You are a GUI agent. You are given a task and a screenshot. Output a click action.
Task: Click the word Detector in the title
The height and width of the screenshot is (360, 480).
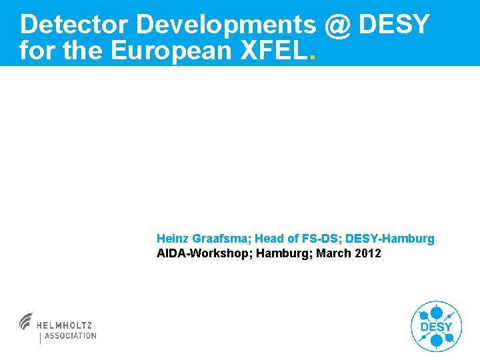pos(74,25)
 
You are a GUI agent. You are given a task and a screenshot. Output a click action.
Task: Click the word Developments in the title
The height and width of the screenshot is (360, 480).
pos(225,25)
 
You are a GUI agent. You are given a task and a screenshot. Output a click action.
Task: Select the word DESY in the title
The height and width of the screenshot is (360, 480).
pos(394,25)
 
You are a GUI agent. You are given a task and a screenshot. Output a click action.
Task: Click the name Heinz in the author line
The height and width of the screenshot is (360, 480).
pos(173,239)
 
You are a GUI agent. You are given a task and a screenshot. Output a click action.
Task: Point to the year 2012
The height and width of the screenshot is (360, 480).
pos(368,253)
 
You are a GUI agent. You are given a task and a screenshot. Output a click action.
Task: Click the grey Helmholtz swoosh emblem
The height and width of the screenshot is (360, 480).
pos(26,321)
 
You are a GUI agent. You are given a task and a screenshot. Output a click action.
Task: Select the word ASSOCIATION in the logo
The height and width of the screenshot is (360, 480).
pos(70,336)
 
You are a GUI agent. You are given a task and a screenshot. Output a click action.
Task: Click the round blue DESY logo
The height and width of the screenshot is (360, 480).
pos(436,326)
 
